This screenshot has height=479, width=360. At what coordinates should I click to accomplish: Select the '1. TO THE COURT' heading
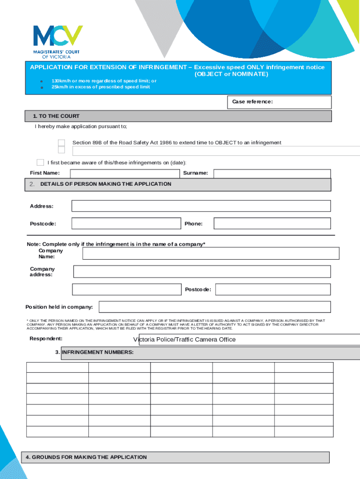pyautogui.click(x=56, y=116)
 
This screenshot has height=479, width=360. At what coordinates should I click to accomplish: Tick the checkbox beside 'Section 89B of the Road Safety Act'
pyautogui.click(x=61, y=143)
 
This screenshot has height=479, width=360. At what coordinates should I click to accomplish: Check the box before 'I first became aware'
pyautogui.click(x=40, y=162)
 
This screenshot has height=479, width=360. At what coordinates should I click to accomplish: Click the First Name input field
pyautogui.click(x=124, y=174)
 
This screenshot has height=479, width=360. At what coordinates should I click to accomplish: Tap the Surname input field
pyautogui.click(x=272, y=174)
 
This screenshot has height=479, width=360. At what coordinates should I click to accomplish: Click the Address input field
pyautogui.click(x=201, y=206)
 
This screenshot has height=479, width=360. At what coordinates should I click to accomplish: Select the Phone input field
pyautogui.click(x=272, y=224)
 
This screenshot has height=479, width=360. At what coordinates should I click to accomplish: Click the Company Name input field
pyautogui.click(x=210, y=253)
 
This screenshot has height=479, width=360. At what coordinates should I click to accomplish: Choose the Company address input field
pyautogui.click(x=202, y=272)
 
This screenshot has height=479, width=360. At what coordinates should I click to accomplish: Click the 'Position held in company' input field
pyautogui.click(x=215, y=307)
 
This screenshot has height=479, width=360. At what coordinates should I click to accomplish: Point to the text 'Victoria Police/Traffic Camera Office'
pyautogui.click(x=184, y=340)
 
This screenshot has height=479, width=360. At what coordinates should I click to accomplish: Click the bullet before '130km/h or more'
pyautogui.click(x=41, y=81)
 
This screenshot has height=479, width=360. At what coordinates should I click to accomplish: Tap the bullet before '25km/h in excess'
pyautogui.click(x=41, y=87)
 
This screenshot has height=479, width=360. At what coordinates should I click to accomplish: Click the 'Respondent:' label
pyautogui.click(x=46, y=339)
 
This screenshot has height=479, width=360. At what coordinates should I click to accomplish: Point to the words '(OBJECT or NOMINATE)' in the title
pyautogui.click(x=231, y=74)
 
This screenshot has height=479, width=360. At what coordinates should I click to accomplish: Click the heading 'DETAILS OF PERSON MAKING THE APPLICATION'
pyautogui.click(x=106, y=184)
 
